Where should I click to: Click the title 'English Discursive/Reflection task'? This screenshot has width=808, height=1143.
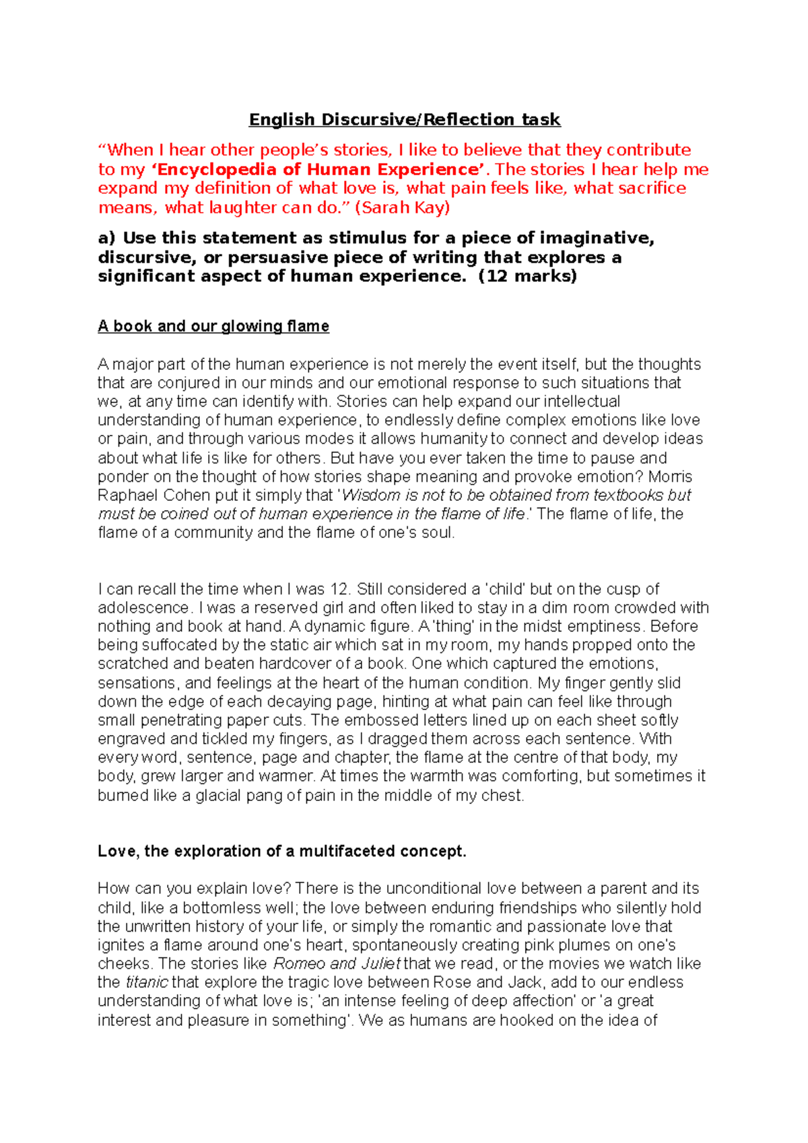click(404, 120)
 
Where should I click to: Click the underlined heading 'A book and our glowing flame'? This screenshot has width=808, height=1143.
click(213, 326)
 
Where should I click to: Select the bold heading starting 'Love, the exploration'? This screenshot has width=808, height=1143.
click(281, 852)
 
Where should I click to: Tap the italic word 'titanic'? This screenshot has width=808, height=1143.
click(146, 983)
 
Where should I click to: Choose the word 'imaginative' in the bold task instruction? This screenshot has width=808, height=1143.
click(597, 238)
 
